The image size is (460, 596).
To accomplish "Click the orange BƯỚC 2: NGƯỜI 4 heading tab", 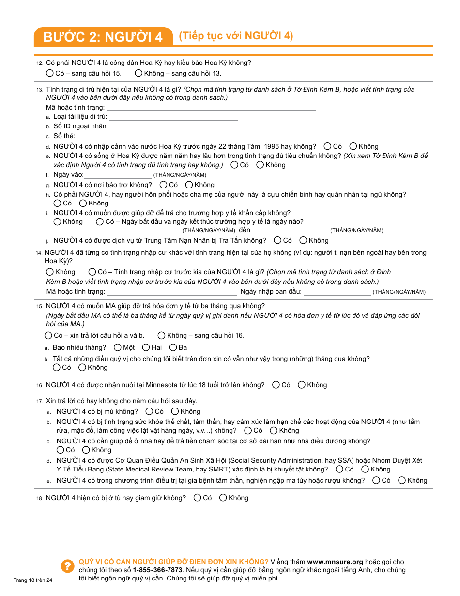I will [103, 37].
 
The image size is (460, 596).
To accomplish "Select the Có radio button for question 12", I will [50, 73].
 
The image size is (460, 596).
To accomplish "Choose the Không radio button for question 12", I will [139, 73].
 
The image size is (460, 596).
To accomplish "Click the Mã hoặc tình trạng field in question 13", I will [211, 108].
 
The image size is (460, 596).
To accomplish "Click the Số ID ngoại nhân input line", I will [184, 127].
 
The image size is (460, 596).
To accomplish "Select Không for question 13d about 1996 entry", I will [353, 146].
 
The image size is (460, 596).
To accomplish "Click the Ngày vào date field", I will [118, 175].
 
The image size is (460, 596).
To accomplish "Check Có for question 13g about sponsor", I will [163, 185].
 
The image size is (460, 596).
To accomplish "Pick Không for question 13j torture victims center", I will [303, 240].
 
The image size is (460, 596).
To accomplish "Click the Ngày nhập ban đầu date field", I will [337, 292].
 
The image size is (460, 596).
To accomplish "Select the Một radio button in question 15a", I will [118, 347].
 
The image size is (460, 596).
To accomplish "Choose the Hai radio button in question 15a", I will [146, 347].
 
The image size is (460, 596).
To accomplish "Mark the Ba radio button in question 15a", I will [173, 347].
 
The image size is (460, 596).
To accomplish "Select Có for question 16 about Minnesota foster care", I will [276, 385].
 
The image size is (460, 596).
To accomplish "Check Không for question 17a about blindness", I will [175, 411].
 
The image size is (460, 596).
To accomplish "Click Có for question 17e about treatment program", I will [376, 480].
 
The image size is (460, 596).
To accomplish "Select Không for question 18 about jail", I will [223, 498].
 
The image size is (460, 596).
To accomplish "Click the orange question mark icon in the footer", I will [67, 566].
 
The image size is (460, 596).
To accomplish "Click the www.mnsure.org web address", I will [335, 562].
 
